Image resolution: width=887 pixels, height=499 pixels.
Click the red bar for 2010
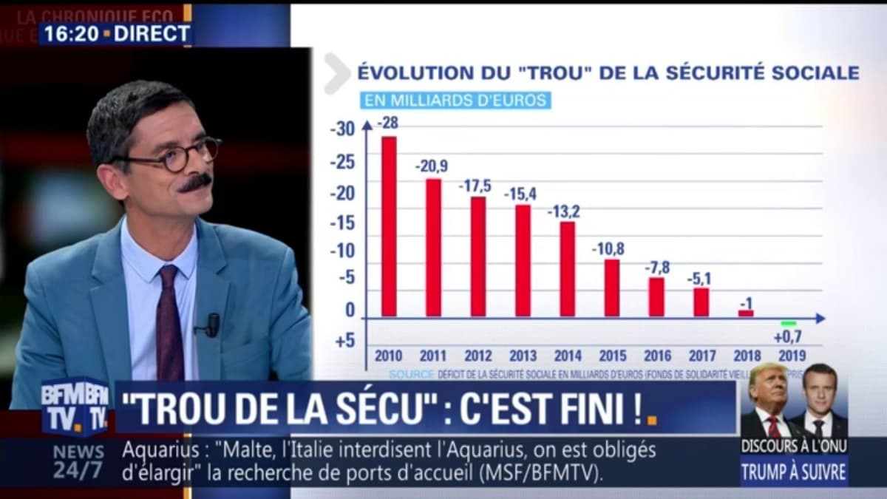pos(389,226)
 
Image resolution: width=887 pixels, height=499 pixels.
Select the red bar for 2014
pos(567,268)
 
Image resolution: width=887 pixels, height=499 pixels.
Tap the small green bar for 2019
pos(789,323)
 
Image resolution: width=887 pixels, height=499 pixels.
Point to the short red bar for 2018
pos(746,313)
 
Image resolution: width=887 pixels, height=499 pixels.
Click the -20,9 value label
pos(432,166)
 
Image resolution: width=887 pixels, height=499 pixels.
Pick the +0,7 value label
pos(788,336)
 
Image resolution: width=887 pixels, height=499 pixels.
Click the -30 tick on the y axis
pos(342,129)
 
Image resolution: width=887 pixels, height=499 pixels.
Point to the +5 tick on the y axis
pos(344,341)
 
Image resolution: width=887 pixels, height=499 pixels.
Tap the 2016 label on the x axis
pos(657,356)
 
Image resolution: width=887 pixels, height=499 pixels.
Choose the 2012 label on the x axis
pos(478,356)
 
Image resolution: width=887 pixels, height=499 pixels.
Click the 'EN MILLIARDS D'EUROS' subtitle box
pos(455,100)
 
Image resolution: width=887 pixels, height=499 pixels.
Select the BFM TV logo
pos(75,407)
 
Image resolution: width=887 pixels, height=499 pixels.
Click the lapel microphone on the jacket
pos(212,324)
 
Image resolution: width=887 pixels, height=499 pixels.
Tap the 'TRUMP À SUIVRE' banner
pos(794,470)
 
